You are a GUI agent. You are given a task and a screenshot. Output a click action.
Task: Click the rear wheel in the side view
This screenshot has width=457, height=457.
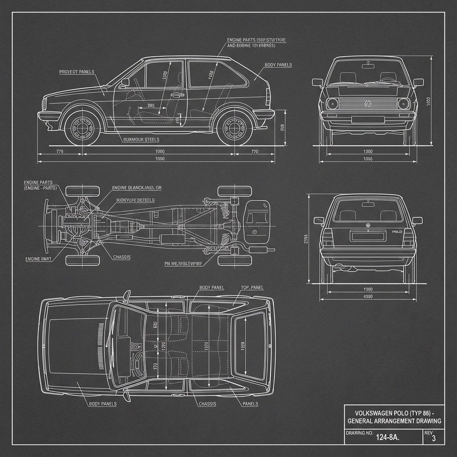234,128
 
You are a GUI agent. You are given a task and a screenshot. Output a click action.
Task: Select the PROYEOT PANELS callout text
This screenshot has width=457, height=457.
76,71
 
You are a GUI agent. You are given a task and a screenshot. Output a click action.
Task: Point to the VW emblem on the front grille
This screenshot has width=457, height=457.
367,104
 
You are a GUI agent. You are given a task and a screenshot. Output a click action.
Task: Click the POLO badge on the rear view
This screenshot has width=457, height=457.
397,232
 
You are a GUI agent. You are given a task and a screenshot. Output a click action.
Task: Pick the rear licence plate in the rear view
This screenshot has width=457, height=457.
367,235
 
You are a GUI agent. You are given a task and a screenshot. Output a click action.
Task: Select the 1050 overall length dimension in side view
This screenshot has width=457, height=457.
159,159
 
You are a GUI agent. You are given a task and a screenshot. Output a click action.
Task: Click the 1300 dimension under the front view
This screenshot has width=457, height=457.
368,152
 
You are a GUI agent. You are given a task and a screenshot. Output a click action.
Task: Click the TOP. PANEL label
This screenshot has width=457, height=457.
253,288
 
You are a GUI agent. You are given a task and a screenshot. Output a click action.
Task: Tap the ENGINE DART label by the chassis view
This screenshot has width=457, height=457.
39,259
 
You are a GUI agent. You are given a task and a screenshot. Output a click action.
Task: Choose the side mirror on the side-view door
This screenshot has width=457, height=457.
125,82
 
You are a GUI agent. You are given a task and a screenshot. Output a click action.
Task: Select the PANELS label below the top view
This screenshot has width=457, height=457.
250,404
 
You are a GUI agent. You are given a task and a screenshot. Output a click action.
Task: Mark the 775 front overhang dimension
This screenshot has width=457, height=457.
60,152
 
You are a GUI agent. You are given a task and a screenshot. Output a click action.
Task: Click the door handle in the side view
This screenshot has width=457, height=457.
177,95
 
